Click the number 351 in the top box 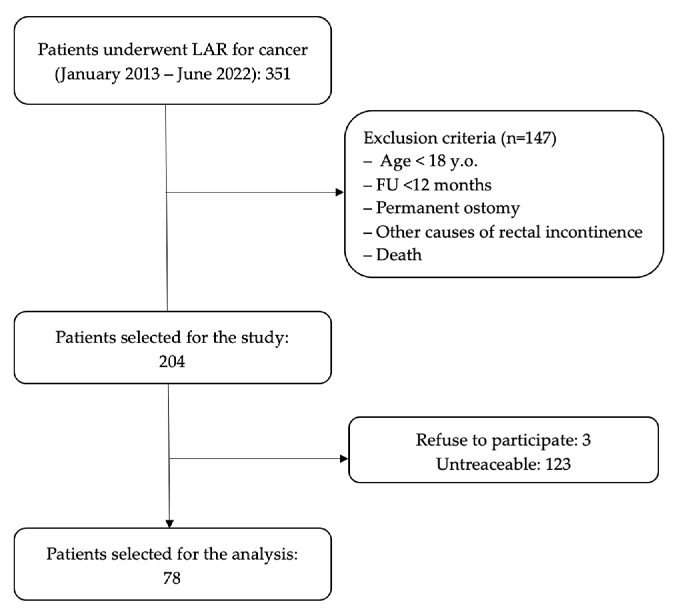pyautogui.click(x=278, y=73)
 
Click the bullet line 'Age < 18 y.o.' pyautogui.click(x=429, y=161)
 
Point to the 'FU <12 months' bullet pyautogui.click(x=433, y=185)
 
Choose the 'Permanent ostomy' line pyautogui.click(x=447, y=208)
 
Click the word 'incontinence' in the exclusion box pyautogui.click(x=594, y=232)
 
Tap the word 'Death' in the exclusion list pyautogui.click(x=399, y=255)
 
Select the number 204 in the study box pyautogui.click(x=172, y=362)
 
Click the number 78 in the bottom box pyautogui.click(x=172, y=578)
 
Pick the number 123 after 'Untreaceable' pyautogui.click(x=558, y=464)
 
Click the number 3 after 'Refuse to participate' pyautogui.click(x=587, y=440)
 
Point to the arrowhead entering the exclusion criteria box pyautogui.click(x=340, y=192)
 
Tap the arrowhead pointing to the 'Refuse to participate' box pyautogui.click(x=344, y=459)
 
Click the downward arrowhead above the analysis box pyautogui.click(x=170, y=524)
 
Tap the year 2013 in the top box pyautogui.click(x=142, y=73)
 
